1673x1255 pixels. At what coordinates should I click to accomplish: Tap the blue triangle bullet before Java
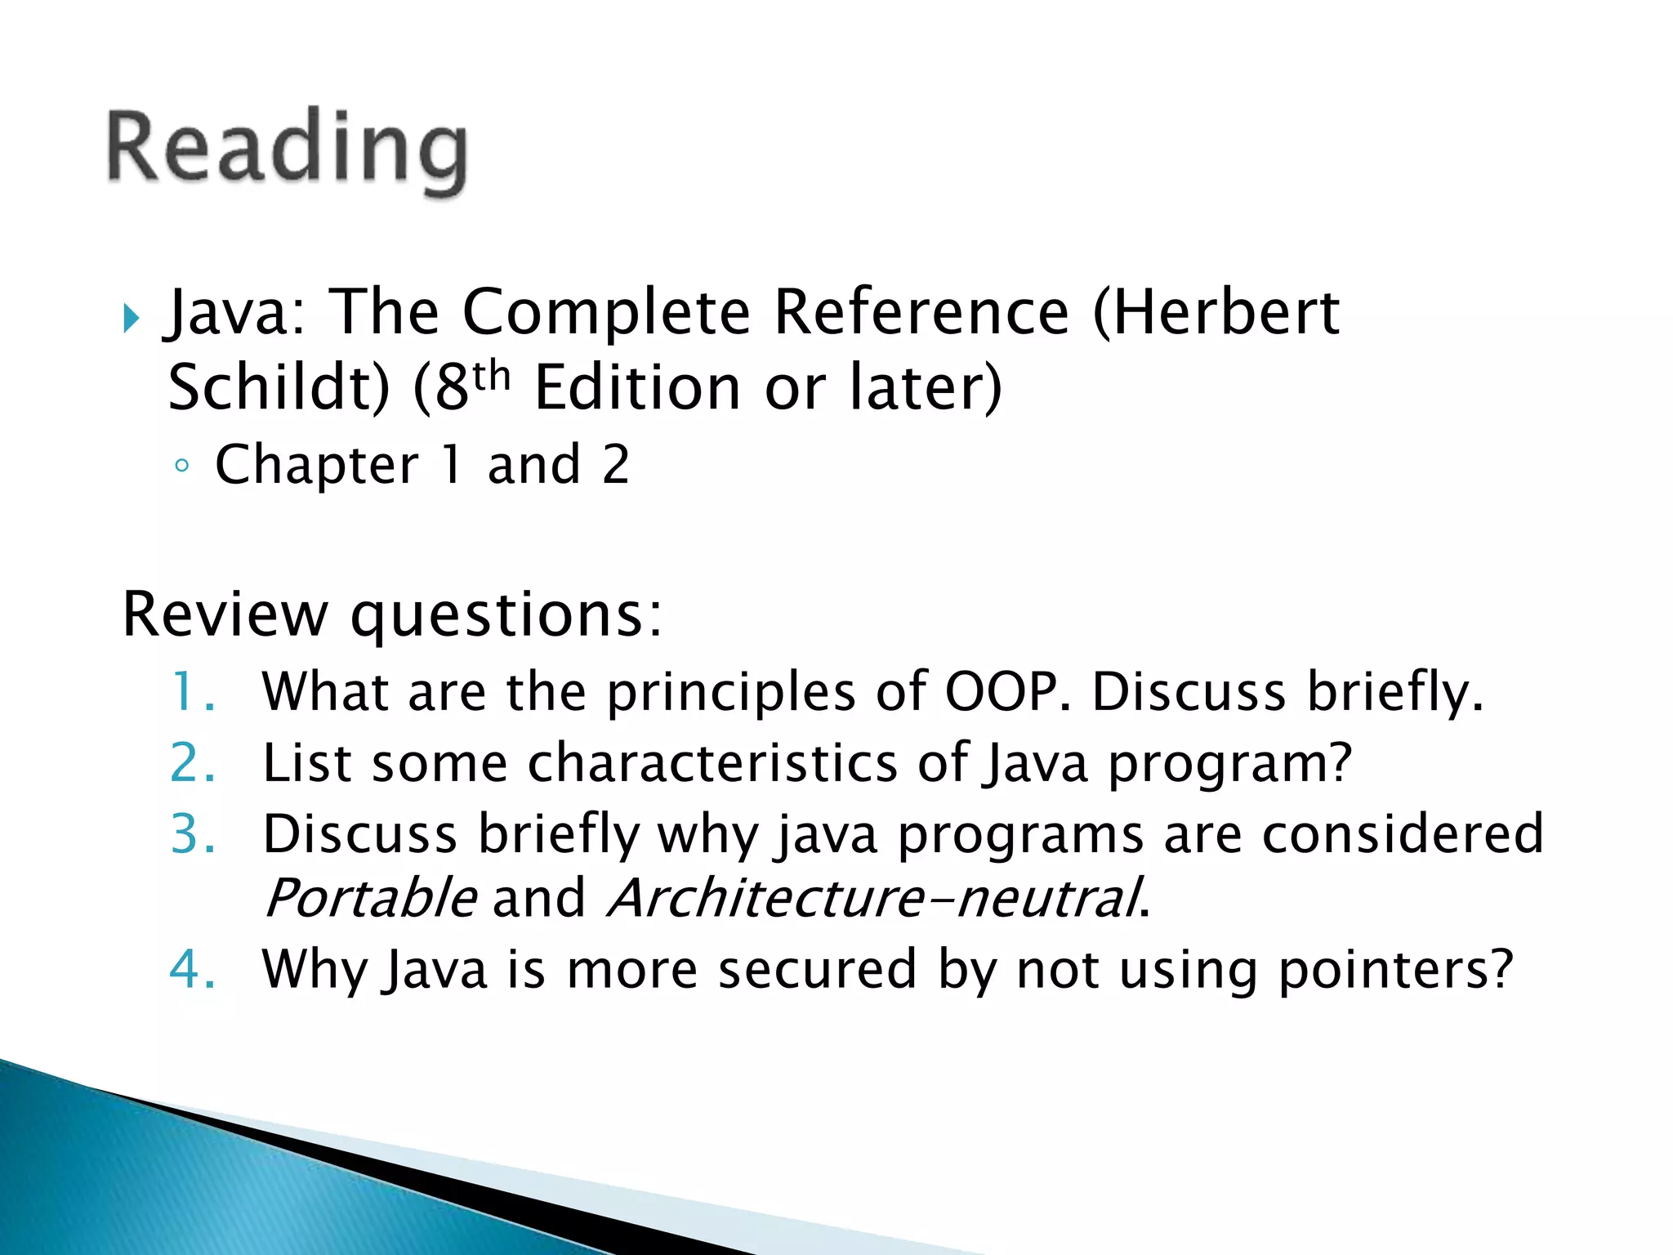pos(132,318)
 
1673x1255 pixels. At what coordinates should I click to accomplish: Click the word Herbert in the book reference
pos(1225,313)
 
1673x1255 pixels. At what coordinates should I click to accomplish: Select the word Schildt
pos(278,387)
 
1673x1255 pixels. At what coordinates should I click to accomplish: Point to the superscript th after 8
pos(491,376)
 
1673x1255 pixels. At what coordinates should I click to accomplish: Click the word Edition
pos(636,387)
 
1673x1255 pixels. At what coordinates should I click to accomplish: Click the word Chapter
pos(316,466)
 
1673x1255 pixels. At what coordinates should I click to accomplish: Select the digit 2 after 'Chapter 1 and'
pos(615,464)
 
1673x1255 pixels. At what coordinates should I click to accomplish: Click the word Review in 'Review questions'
pos(224,614)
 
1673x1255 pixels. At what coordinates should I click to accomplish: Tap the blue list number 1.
pos(193,692)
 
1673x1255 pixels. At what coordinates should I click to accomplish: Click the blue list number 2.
pos(193,763)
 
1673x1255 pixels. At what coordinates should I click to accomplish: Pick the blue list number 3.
pos(193,834)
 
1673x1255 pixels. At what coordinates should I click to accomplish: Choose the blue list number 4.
pos(193,970)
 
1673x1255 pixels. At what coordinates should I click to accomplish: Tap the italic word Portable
pos(370,898)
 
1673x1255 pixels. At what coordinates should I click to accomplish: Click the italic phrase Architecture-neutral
pos(873,898)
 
